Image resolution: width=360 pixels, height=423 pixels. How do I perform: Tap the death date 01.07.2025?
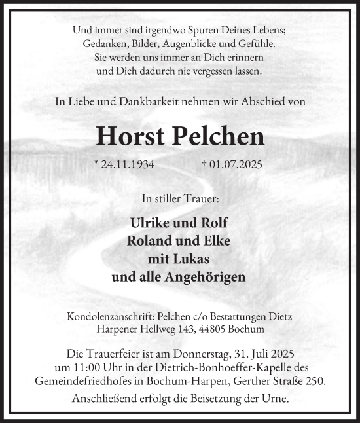(234, 164)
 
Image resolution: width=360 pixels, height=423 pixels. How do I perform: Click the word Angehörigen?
(206, 277)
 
